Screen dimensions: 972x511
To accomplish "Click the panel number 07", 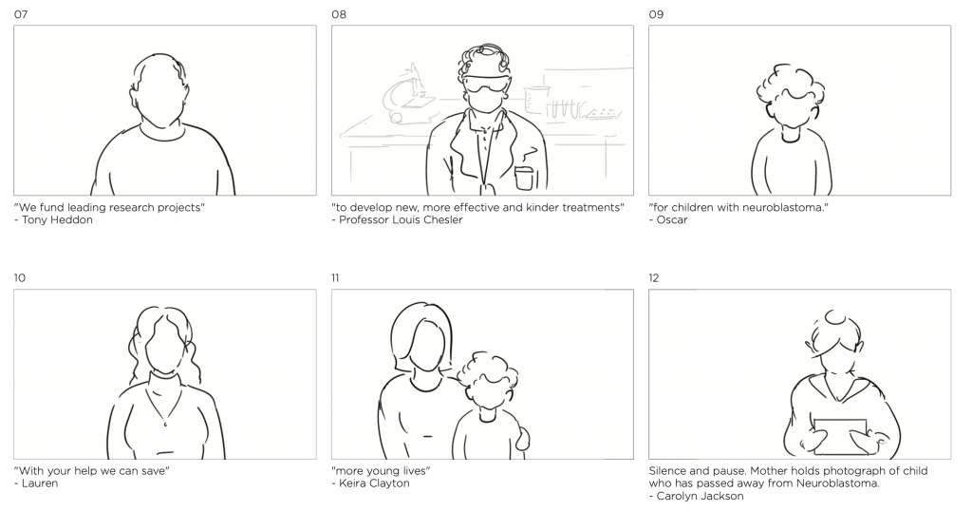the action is click(21, 14).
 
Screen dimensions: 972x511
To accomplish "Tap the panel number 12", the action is click(654, 278).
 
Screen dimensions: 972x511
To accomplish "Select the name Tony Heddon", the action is click(57, 219).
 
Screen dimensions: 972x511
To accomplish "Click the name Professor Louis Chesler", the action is click(401, 219).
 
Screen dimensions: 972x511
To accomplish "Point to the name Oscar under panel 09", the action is click(672, 219).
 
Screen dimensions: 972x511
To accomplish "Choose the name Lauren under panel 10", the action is click(40, 483).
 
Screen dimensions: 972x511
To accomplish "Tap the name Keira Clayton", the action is click(374, 483).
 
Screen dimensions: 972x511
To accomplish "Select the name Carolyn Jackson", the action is click(700, 496).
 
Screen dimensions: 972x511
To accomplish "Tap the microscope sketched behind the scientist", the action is click(406, 93).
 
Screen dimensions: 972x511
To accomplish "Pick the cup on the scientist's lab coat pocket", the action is click(524, 179).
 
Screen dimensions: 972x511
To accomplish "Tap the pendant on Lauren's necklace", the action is click(165, 425).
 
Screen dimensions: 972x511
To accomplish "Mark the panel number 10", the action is click(20, 278).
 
